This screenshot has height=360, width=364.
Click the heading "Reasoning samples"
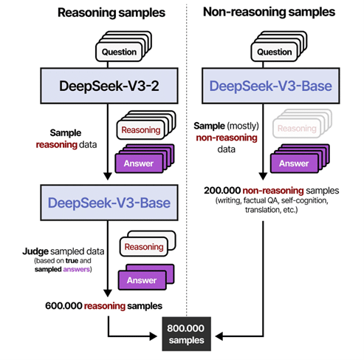pyautogui.click(x=111, y=13)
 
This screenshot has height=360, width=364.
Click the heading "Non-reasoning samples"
pyautogui.click(x=269, y=12)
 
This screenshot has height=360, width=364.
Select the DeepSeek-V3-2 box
pyautogui.click(x=109, y=86)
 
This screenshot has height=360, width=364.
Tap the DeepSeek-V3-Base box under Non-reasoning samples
pyautogui.click(x=271, y=86)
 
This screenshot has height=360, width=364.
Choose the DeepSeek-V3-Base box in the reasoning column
pyautogui.click(x=109, y=203)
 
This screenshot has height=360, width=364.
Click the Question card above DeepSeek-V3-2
pyautogui.click(x=119, y=52)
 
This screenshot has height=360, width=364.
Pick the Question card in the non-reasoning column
pyautogui.click(x=275, y=52)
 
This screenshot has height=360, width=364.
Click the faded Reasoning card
pyautogui.click(x=297, y=129)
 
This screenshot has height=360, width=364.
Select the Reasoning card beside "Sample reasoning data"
pyautogui.click(x=141, y=130)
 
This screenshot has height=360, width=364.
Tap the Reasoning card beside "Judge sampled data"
pyautogui.click(x=144, y=247)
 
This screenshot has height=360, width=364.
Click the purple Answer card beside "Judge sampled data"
pyautogui.click(x=142, y=280)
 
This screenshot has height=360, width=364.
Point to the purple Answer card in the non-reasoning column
pyautogui.click(x=294, y=163)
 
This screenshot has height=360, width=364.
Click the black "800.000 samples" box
pyautogui.click(x=186, y=334)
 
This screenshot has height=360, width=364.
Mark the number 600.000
pyautogui.click(x=63, y=306)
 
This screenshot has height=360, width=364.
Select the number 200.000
pyautogui.click(x=222, y=191)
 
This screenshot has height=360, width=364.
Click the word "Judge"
pyautogui.click(x=35, y=251)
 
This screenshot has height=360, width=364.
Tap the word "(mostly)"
pyautogui.click(x=243, y=126)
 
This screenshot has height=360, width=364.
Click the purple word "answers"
pyautogui.click(x=76, y=269)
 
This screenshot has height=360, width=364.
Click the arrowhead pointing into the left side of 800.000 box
pyautogui.click(x=154, y=336)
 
